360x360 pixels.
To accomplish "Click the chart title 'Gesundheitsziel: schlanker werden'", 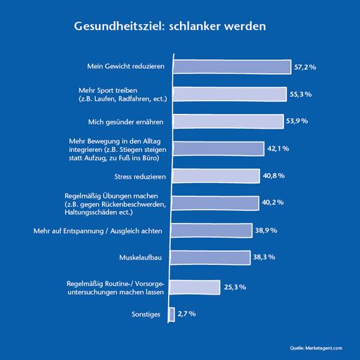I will (x=170, y=27).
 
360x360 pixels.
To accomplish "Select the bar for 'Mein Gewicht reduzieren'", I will (x=230, y=67).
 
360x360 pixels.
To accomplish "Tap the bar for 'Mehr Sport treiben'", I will (x=228, y=94).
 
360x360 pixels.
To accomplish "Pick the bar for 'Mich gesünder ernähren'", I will (x=226, y=121).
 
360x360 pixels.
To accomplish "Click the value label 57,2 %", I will (x=305, y=67).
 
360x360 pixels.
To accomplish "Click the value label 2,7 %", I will (x=187, y=313).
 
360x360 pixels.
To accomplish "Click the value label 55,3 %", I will (x=302, y=94).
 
